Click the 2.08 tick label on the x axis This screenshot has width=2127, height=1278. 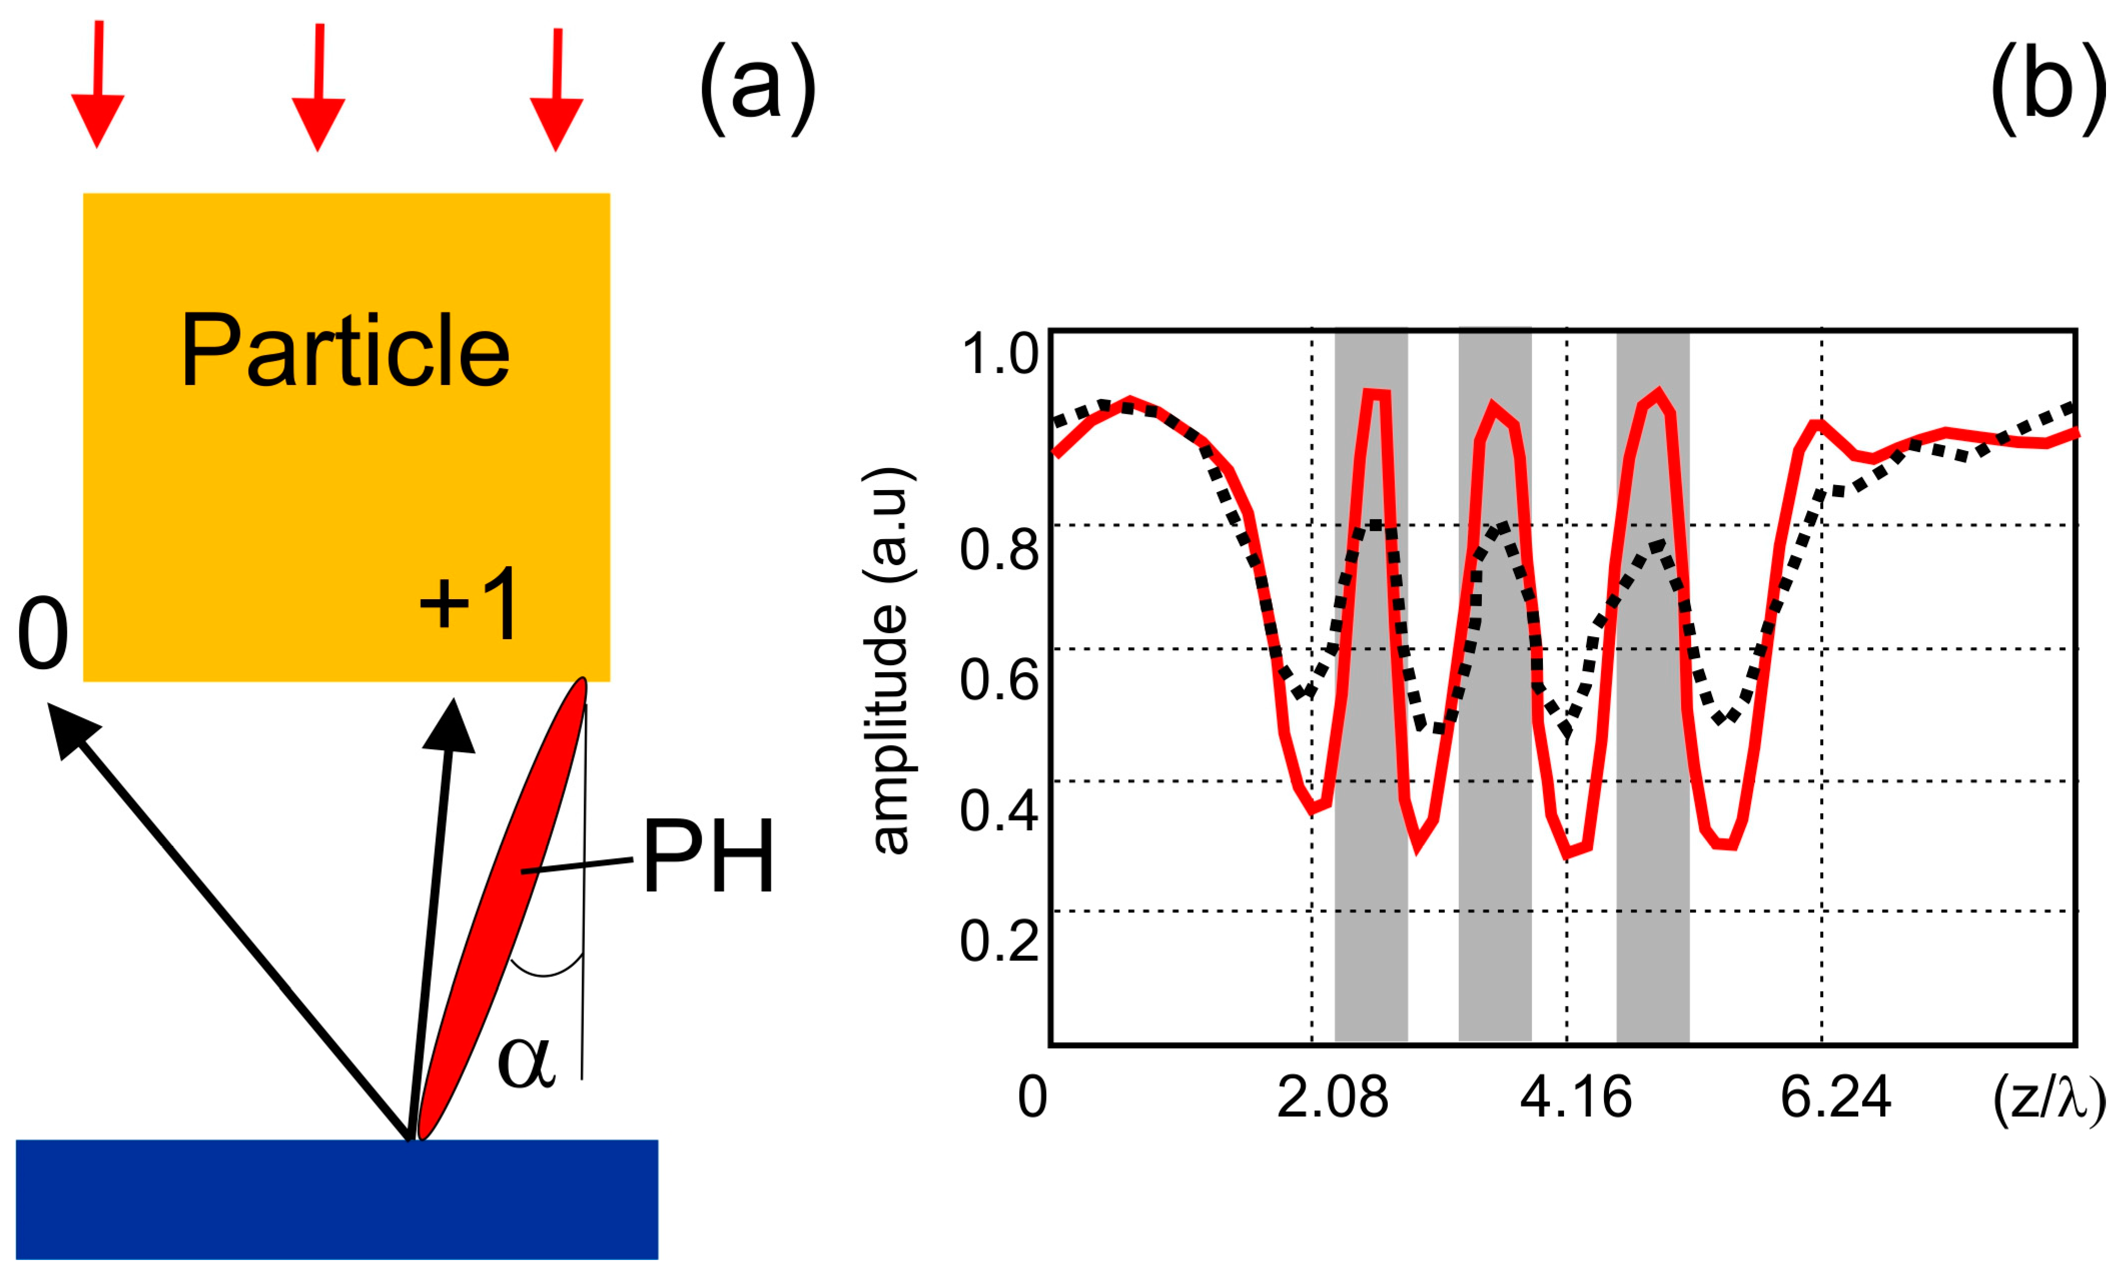pyautogui.click(x=1332, y=1098)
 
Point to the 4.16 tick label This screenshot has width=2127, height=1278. pyautogui.click(x=1575, y=1098)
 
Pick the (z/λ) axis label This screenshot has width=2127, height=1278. pyautogui.click(x=2048, y=1100)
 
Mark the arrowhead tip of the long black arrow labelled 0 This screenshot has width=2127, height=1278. pyautogui.click(x=49, y=704)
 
